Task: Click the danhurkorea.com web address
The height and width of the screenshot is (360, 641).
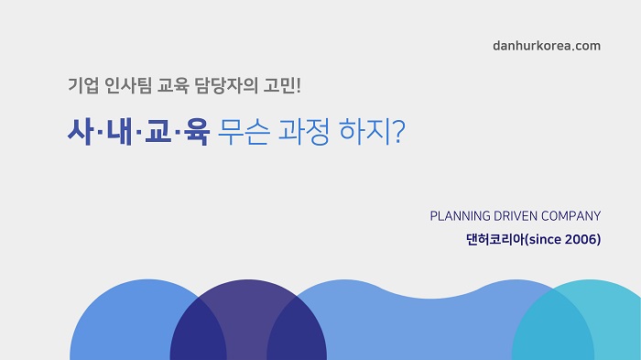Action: (547, 46)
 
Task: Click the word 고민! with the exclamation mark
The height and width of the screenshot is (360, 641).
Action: (282, 85)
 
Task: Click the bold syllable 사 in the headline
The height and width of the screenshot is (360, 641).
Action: (81, 132)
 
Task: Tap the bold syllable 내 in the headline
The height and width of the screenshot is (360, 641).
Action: (119, 132)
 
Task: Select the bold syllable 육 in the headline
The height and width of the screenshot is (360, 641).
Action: (197, 132)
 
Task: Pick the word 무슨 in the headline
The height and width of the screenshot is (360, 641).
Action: (244, 132)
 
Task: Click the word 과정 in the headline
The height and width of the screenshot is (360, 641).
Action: (304, 132)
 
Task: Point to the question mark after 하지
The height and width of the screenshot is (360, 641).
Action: (396, 132)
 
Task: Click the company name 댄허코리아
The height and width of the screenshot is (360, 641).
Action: (495, 239)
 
